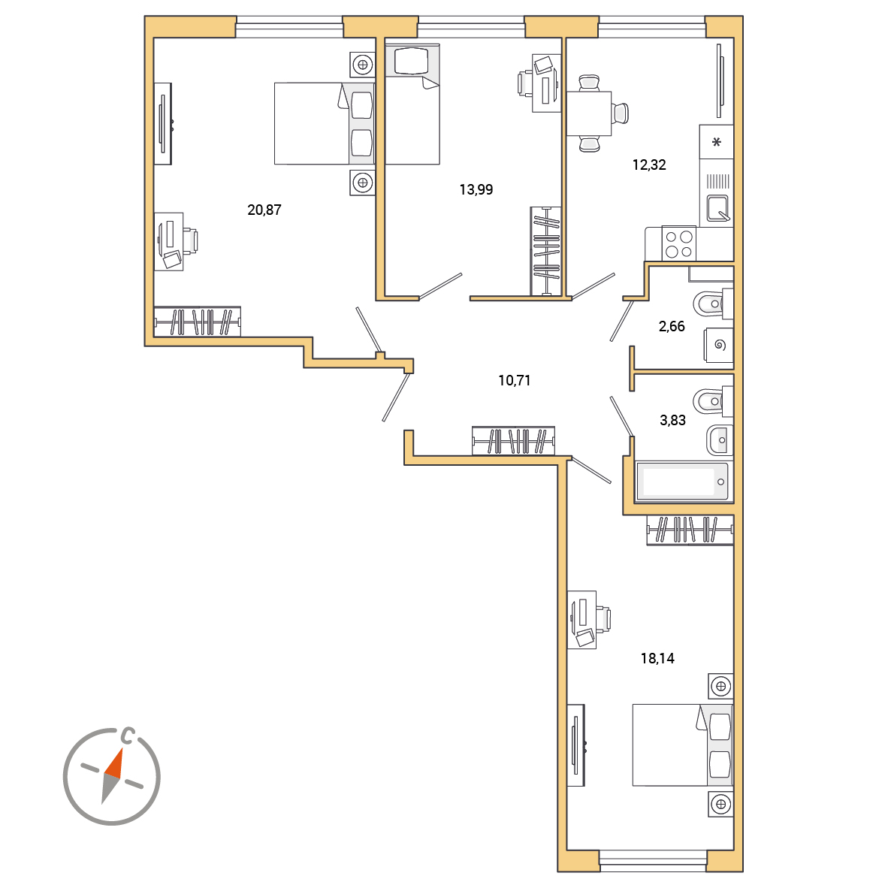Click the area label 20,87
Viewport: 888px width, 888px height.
click(264, 210)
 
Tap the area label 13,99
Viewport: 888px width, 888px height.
click(476, 190)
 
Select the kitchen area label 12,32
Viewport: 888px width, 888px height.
click(649, 165)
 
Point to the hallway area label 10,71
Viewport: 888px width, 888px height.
click(514, 381)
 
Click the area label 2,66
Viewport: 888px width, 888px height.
click(672, 326)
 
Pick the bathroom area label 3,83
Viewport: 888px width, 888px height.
click(673, 420)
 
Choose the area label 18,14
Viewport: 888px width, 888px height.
click(657, 658)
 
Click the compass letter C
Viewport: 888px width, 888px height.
click(128, 735)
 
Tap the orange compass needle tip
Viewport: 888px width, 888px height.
click(122, 749)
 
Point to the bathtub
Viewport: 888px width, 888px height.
click(682, 482)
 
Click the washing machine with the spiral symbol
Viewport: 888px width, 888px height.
click(719, 345)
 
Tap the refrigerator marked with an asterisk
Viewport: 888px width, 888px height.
click(717, 142)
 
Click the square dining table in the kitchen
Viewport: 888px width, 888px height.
click(589, 113)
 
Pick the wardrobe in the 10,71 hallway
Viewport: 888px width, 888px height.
click(514, 440)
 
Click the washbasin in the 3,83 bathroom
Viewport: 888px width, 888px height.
click(720, 440)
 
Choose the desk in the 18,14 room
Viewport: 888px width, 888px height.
click(581, 619)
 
